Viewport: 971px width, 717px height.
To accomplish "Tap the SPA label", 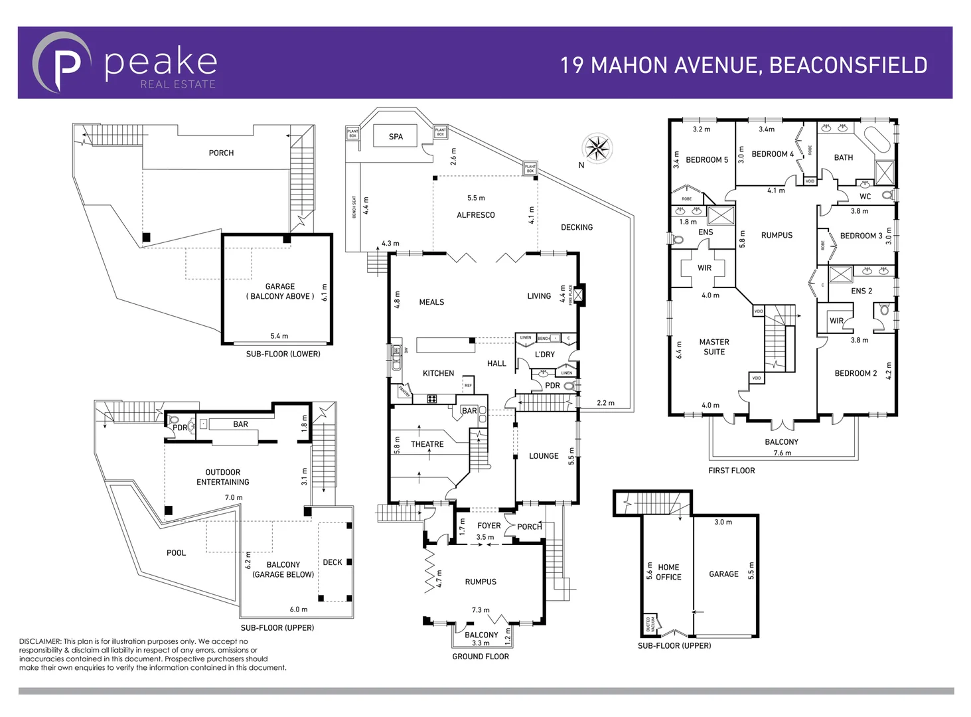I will coord(396,137).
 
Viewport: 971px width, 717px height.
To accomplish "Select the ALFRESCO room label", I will coord(475,215).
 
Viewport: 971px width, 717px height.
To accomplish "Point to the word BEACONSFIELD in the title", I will coord(848,65).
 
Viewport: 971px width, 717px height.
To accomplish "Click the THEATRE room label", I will coord(427,444).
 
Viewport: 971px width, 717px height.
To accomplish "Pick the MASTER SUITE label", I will coord(714,347).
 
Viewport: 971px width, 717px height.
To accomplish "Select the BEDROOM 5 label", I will coord(706,160).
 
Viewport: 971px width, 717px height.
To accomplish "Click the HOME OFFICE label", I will coord(668,572).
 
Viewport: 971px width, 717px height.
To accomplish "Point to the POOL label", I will coord(176,553).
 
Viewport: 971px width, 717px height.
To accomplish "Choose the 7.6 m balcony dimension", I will coord(782,453).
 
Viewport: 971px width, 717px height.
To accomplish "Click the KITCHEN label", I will coord(438,374).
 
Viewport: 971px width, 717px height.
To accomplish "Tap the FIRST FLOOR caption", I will coord(731,471).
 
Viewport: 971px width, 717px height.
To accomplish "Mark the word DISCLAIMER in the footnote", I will coord(40,641).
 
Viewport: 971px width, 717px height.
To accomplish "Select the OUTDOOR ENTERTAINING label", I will coord(223,477).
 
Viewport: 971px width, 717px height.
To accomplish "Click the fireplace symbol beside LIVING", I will coord(579,294).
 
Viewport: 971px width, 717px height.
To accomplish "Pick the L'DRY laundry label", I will coord(544,355).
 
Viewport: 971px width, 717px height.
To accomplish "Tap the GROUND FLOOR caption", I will coord(481,657).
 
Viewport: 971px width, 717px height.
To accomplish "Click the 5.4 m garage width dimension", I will coord(279,336).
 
